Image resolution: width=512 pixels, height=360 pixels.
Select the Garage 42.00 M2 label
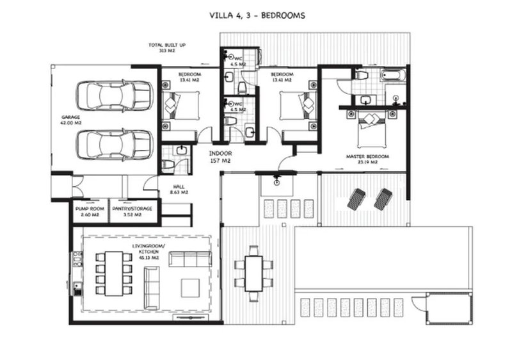[70, 121]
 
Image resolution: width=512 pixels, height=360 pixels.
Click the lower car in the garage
[115, 144]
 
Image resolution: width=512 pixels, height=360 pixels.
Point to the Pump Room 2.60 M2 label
[87, 211]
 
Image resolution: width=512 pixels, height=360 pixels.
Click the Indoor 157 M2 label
[220, 158]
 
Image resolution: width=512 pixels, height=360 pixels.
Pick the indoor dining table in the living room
[113, 272]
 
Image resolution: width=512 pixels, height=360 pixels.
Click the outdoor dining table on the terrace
[253, 268]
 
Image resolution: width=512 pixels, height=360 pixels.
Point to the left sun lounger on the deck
[356, 199]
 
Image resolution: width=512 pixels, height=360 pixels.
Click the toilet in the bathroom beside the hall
[168, 165]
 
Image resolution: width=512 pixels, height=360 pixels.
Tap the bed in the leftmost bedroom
[177, 106]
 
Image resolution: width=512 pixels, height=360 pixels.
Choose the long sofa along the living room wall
[186, 259]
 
